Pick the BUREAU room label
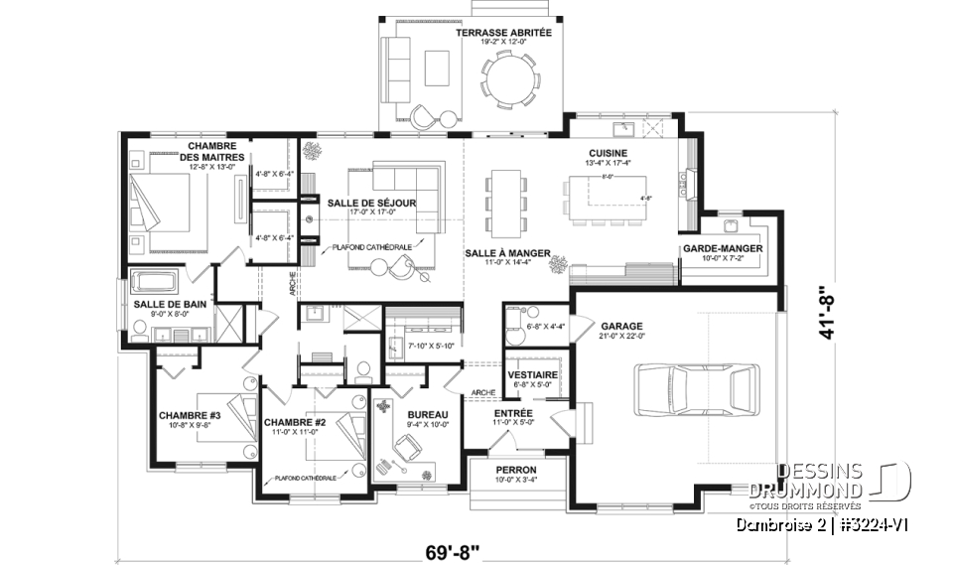428,414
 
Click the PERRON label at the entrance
516,469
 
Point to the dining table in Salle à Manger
507,194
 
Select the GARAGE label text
621,325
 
